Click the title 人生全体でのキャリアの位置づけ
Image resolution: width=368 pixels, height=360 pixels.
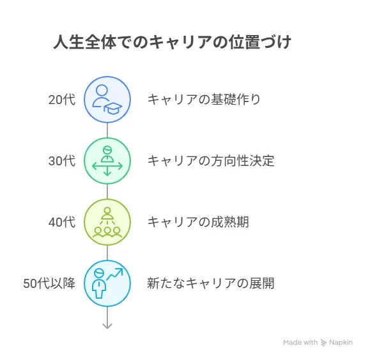[172, 43]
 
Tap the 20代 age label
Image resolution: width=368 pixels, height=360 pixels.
[62, 100]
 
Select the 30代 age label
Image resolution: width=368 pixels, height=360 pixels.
[62, 161]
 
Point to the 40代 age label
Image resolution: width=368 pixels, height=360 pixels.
[62, 222]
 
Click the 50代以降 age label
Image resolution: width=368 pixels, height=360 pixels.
[49, 283]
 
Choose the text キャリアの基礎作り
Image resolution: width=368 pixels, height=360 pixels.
[204, 100]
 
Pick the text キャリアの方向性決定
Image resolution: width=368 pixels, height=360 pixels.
[211, 161]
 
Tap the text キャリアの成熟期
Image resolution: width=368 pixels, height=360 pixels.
[198, 222]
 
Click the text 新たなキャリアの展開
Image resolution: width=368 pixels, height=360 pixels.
[211, 283]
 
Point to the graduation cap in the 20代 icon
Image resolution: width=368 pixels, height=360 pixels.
[113, 109]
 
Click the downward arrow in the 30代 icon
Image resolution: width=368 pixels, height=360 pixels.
[107, 171]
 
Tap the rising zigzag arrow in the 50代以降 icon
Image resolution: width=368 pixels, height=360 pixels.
[114, 274]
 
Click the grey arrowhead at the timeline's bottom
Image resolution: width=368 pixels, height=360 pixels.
[107, 326]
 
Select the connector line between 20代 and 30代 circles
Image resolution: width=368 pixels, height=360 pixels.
[107, 130]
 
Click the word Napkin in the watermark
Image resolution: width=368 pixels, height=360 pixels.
[341, 342]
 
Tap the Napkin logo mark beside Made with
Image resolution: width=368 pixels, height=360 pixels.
[324, 343]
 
